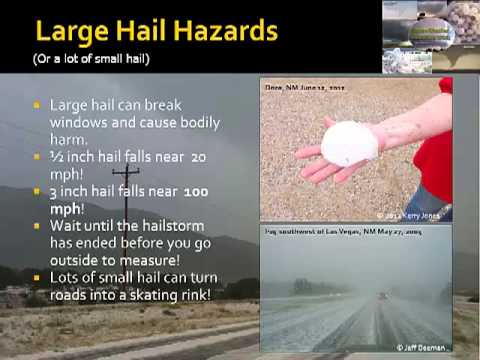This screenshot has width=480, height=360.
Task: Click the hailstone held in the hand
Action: pos(347,143)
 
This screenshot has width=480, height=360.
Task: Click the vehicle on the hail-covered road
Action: pos(383,297)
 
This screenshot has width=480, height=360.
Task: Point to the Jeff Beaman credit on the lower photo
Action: pos(419,347)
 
